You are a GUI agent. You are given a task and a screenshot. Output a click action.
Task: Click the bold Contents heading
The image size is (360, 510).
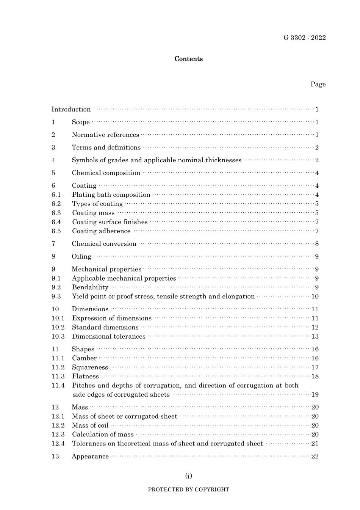[188, 59]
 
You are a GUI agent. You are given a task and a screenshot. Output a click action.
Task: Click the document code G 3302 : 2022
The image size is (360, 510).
[304, 38]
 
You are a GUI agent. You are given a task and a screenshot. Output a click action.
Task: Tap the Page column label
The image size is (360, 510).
[318, 84]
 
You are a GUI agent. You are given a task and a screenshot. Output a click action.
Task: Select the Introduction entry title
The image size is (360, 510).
[71, 110]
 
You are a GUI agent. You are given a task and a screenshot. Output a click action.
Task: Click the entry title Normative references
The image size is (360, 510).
[105, 135]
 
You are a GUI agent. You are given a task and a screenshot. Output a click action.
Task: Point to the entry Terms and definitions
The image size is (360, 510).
[106, 148]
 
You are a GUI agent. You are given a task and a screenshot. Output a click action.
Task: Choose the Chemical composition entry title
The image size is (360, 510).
[106, 173]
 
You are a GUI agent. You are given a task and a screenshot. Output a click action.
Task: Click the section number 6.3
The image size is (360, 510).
[56, 213]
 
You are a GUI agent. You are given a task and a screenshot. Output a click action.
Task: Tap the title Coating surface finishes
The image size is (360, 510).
[110, 222]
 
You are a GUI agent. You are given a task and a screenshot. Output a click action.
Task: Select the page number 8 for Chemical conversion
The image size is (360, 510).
[317, 244]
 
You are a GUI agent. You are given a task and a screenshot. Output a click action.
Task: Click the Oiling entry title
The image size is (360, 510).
[81, 257]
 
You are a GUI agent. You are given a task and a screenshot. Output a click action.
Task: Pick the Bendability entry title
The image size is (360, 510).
[90, 287]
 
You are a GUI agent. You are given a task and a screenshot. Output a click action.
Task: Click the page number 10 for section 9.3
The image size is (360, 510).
[315, 297]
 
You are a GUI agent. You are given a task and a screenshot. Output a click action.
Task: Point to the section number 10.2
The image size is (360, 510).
[58, 327]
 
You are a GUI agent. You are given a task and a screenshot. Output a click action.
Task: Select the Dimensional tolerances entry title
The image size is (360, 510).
[108, 336]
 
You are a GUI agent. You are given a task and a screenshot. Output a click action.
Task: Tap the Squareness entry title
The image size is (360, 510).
[90, 367]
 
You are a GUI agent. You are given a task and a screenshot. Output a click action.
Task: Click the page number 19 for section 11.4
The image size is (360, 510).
[315, 394]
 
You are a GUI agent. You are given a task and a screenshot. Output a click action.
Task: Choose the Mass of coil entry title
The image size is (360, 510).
[90, 425]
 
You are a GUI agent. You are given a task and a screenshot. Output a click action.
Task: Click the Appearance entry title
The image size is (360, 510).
[90, 457]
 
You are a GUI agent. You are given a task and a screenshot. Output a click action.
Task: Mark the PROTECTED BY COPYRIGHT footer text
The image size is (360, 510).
[188, 490]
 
